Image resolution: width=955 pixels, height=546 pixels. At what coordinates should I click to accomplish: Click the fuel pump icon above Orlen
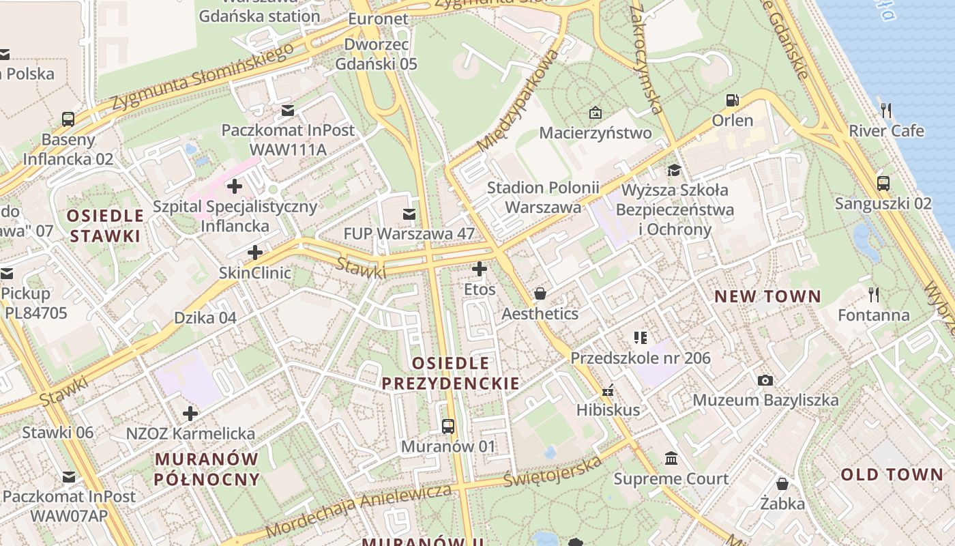(732, 100)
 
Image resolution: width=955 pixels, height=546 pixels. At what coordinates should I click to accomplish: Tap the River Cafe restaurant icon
(886, 110)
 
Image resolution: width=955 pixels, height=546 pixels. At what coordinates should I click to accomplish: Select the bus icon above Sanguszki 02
(883, 183)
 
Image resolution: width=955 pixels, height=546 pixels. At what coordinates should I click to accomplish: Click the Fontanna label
(873, 315)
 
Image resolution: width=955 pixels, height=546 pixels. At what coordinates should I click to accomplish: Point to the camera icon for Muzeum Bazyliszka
(765, 380)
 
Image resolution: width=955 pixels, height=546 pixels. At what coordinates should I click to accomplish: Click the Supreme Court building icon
(671, 458)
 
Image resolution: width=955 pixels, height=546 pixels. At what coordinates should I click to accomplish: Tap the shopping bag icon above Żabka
(782, 484)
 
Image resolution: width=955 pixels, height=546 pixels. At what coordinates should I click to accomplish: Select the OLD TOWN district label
(892, 474)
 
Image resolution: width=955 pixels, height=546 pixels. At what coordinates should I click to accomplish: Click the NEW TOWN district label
(767, 296)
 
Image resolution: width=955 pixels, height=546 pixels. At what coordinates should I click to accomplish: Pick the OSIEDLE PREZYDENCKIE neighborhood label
(450, 373)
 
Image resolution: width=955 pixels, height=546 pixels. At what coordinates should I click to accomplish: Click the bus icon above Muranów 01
(448, 427)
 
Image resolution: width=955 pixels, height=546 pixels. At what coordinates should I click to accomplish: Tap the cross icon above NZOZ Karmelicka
(190, 413)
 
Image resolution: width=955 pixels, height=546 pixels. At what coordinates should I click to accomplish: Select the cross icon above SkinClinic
(255, 253)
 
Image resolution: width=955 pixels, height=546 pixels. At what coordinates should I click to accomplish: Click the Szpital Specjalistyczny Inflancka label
(235, 216)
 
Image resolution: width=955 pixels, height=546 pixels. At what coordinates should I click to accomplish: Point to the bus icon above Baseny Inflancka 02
(68, 119)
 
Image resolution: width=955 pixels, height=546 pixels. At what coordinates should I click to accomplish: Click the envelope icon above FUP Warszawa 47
(409, 214)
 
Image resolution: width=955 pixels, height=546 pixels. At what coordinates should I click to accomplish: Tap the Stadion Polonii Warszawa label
(543, 197)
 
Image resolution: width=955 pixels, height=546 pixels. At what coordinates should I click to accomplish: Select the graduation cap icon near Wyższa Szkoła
(674, 170)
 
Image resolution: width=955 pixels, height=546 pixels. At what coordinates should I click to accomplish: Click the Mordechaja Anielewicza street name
(358, 511)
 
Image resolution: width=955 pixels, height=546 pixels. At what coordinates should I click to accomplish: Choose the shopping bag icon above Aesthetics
(540, 293)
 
